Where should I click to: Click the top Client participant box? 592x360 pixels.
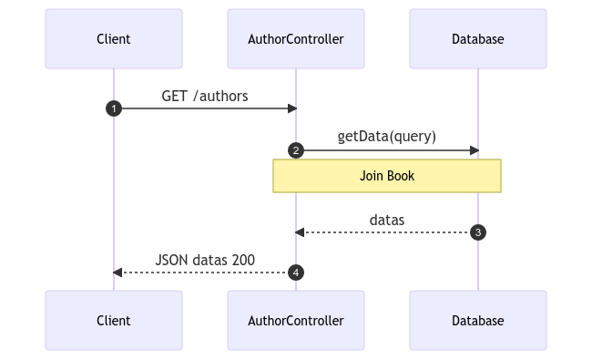click(114, 39)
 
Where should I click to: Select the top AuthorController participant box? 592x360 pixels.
click(296, 39)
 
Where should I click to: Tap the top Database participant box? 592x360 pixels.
click(478, 39)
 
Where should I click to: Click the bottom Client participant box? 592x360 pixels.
click(114, 320)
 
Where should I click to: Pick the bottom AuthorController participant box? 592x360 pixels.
click(296, 320)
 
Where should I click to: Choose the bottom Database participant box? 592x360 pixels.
click(478, 320)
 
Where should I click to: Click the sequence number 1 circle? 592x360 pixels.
click(114, 108)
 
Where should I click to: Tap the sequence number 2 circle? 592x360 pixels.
click(296, 150)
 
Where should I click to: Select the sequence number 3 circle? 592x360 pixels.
click(478, 232)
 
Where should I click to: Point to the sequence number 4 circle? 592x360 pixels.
click(296, 273)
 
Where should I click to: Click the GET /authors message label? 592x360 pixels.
click(205, 97)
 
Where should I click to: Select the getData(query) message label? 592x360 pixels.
click(386, 137)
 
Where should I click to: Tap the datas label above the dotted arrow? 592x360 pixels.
click(387, 220)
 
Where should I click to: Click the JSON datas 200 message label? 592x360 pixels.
click(205, 260)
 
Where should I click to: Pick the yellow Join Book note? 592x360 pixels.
click(387, 176)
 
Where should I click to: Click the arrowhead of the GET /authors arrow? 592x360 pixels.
click(292, 108)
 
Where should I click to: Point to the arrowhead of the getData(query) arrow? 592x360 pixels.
click(475, 150)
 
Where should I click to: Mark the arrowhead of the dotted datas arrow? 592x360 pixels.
click(300, 232)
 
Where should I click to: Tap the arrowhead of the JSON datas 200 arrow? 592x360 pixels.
click(117, 273)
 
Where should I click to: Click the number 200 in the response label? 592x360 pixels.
click(243, 260)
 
